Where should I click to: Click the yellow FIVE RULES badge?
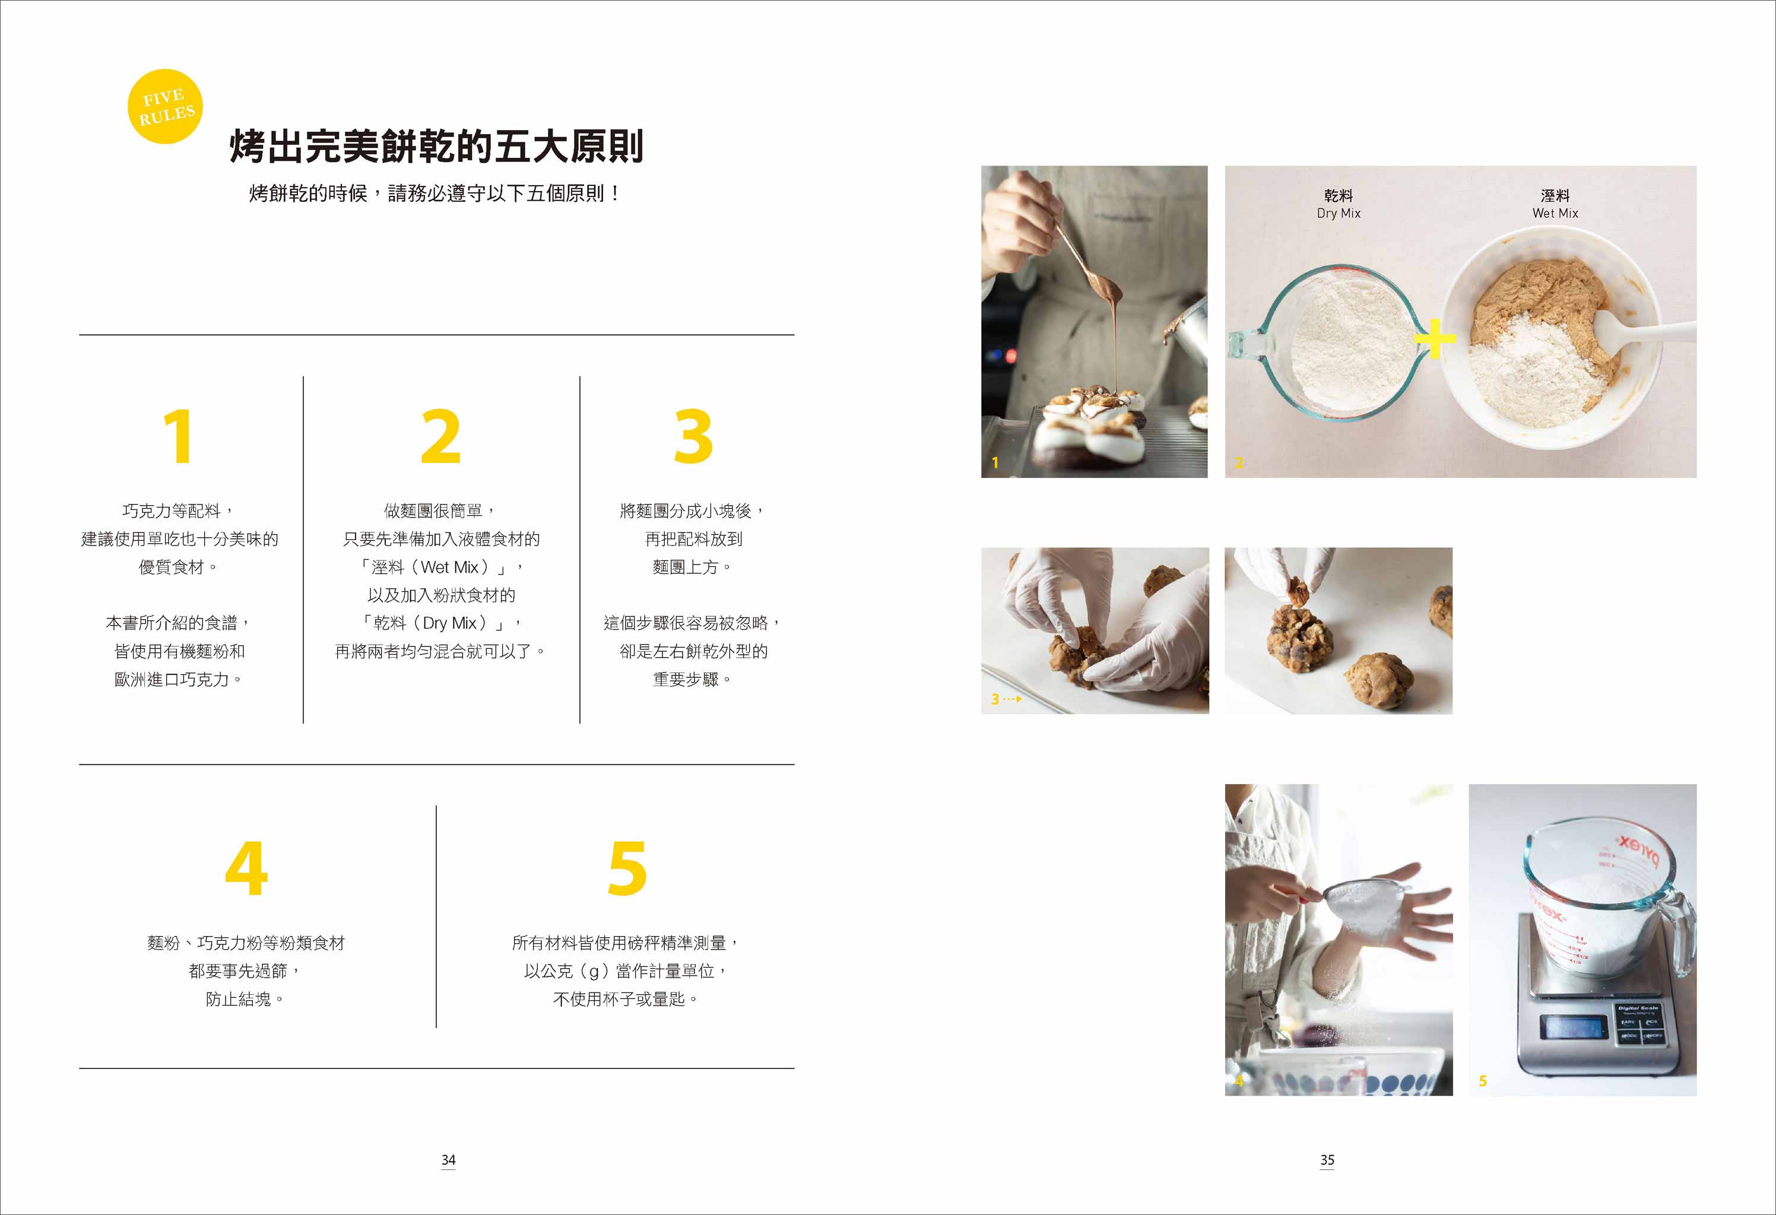[x=165, y=106]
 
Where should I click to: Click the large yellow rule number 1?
[x=178, y=436]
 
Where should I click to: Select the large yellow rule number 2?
[x=441, y=436]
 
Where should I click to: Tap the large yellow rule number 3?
[x=693, y=436]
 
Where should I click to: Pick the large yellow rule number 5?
[x=627, y=868]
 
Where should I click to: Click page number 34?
[x=449, y=1160]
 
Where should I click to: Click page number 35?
[x=1327, y=1160]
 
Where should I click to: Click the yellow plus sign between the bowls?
[x=1435, y=338]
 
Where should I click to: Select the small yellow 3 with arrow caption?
[x=1006, y=699]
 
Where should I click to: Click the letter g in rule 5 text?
[x=594, y=973]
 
